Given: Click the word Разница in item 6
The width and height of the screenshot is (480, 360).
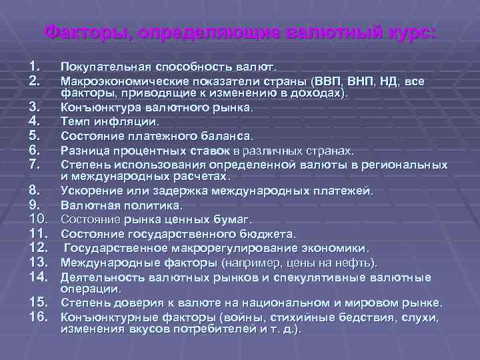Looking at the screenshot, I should pyautogui.click(x=83, y=150).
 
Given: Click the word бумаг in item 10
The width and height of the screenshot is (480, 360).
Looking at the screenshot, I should pyautogui.click(x=232, y=219).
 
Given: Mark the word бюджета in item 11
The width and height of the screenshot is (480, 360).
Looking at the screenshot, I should pyautogui.click(x=269, y=233).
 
